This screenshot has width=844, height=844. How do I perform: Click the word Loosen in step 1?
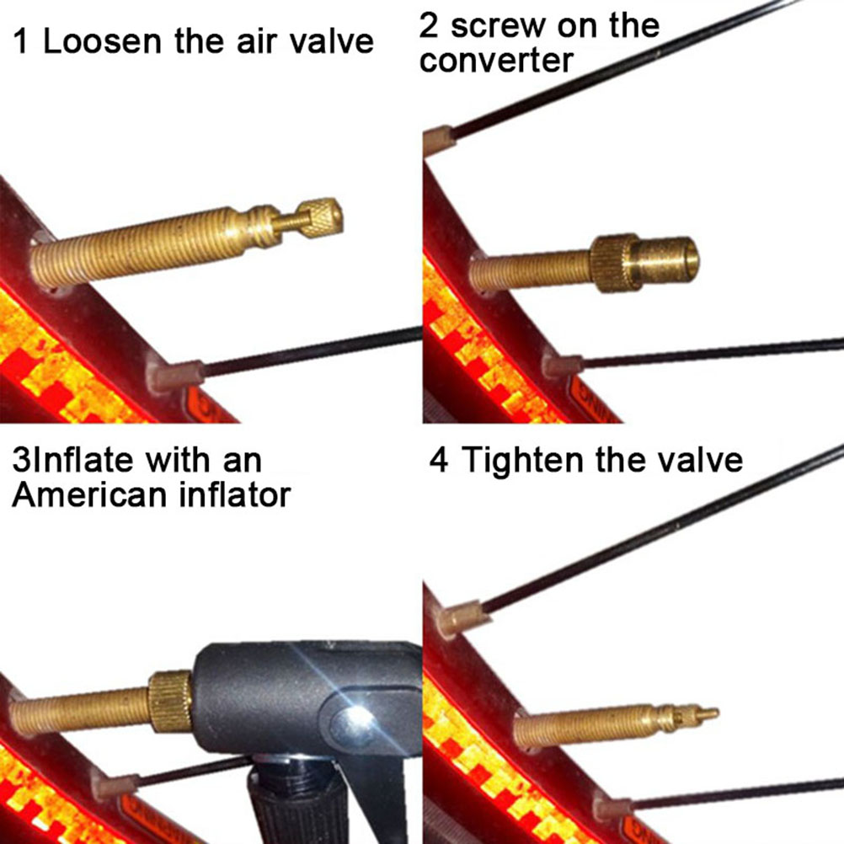point(102,41)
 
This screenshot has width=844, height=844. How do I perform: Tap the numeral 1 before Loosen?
point(20,41)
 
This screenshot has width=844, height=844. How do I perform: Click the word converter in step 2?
point(496,61)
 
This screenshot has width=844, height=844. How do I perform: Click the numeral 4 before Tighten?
point(439,460)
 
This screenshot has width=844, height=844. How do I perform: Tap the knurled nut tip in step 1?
point(321,217)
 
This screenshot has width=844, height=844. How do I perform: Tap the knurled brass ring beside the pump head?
point(170,702)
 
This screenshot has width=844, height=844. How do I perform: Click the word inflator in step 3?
point(235,494)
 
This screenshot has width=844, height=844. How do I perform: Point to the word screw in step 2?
point(497,26)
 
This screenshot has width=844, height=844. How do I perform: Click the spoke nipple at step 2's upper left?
point(439,139)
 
